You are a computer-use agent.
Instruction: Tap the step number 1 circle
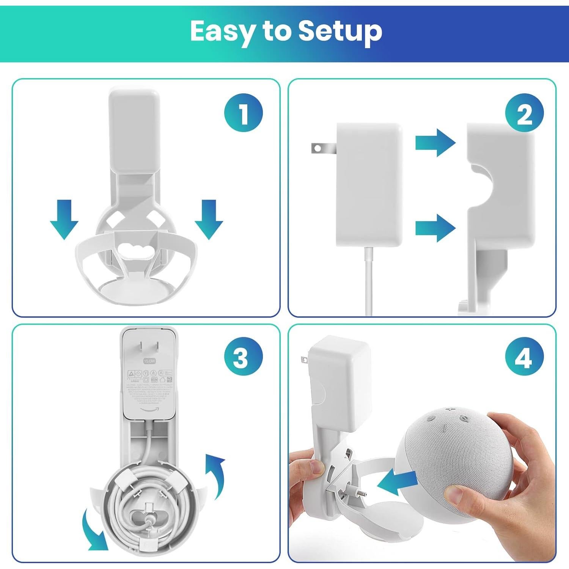[243, 113]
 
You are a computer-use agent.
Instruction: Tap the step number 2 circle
[524, 113]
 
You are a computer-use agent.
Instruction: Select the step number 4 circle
[524, 357]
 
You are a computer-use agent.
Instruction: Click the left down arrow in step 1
[64, 219]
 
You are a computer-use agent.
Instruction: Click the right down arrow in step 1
[208, 219]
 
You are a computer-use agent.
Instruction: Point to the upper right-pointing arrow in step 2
[435, 143]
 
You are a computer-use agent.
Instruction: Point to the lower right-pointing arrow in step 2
[435, 228]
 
